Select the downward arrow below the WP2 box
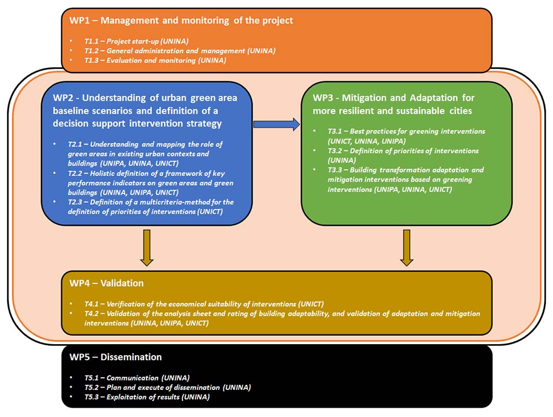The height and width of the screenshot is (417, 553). pos(147,247)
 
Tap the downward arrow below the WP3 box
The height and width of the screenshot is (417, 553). pos(406,247)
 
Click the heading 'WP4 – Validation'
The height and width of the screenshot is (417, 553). pos(107,283)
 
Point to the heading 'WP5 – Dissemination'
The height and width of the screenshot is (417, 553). pos(116,357)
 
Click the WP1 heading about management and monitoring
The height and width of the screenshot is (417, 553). pos(181,20)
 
